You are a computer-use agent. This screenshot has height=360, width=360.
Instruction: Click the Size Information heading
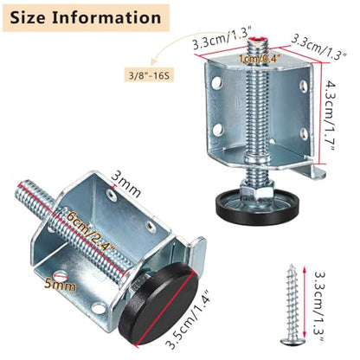click(86, 18)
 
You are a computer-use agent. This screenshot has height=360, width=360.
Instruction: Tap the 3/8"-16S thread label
click(149, 75)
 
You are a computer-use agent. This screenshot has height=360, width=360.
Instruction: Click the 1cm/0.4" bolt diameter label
click(260, 59)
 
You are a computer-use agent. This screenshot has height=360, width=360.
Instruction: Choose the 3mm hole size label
click(126, 184)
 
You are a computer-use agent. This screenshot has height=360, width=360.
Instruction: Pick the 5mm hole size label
click(61, 285)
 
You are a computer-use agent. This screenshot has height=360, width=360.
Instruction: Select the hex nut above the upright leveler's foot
click(256, 192)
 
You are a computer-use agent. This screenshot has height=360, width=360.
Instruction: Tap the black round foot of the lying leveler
click(158, 304)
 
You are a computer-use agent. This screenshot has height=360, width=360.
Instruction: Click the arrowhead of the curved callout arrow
click(153, 61)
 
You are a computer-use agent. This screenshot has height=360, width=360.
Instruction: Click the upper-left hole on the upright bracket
click(216, 82)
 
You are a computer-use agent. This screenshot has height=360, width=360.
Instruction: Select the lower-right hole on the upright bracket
click(303, 133)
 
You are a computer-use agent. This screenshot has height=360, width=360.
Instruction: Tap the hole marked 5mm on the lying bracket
click(61, 276)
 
